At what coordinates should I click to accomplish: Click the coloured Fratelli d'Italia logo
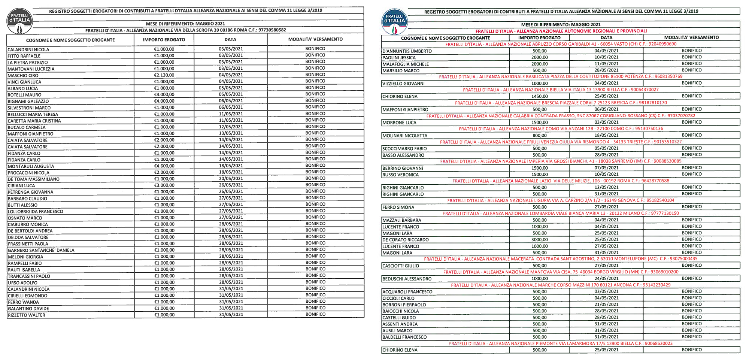click(394, 22)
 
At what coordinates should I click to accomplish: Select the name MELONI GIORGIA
click(25, 257)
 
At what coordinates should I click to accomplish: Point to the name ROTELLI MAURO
click(25, 95)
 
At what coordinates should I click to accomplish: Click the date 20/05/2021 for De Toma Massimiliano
click(231, 179)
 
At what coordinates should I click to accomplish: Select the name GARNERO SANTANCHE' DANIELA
click(41, 250)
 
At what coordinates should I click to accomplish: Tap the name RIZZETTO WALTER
click(26, 315)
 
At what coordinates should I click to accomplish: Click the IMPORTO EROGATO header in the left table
click(164, 40)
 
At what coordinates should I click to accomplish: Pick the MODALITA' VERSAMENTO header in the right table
click(691, 37)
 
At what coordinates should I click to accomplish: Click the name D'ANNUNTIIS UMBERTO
click(407, 51)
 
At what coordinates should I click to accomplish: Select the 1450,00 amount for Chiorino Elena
click(539, 96)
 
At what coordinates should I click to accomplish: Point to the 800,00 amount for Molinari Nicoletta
click(539, 136)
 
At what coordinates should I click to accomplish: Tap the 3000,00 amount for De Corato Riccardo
click(539, 240)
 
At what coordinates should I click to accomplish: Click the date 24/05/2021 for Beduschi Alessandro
click(606, 279)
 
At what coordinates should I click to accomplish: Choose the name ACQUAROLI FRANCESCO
click(407, 292)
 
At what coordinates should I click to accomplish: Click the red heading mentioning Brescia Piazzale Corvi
click(561, 103)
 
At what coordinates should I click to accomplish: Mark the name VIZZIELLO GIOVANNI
click(403, 84)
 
